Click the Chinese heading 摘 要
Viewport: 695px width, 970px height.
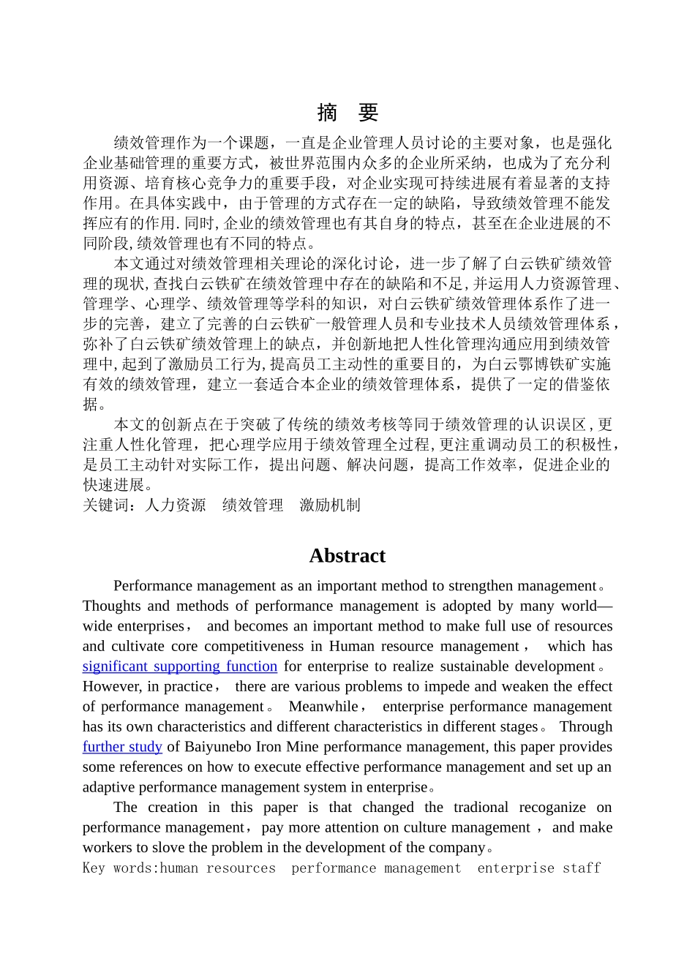pos(347,112)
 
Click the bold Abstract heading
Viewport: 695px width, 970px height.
pos(347,556)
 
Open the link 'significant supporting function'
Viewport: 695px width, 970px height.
pos(179,666)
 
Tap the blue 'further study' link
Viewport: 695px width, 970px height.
pos(122,747)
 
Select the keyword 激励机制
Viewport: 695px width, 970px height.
pos(330,505)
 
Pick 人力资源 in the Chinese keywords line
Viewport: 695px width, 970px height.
pos(176,505)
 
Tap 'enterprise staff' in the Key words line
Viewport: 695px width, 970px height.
pos(538,868)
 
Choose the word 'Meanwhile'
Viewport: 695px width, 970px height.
pos(323,707)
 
